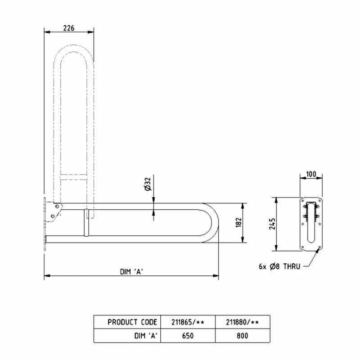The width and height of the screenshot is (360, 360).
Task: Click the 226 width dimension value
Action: pos(68,28)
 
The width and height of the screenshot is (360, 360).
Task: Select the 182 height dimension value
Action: pos(238,222)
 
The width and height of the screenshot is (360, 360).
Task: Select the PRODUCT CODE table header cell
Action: pos(132,322)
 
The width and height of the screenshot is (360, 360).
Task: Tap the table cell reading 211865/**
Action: pos(188,322)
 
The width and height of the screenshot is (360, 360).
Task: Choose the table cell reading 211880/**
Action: pos(242,322)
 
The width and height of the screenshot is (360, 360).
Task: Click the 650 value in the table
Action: pos(188,335)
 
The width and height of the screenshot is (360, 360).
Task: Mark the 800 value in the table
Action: pos(242,335)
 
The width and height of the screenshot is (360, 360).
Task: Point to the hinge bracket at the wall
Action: pos(55,211)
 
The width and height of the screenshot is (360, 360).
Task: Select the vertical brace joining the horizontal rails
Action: pos(85,222)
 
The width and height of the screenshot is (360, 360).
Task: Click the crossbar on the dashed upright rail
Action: pos(73,177)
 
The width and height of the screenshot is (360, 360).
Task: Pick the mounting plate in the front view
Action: pos(311,224)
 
